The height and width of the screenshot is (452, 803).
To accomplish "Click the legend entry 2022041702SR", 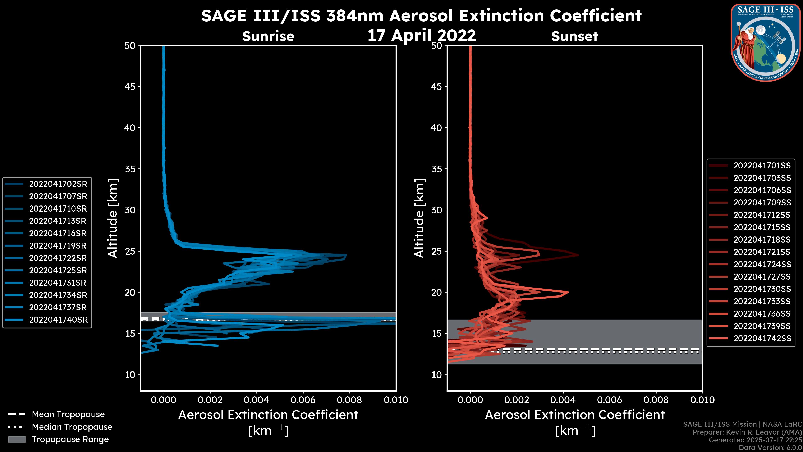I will [x=58, y=184].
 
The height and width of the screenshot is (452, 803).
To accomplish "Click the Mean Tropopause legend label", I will [x=68, y=415].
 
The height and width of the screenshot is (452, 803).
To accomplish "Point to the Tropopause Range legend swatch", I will [x=17, y=439].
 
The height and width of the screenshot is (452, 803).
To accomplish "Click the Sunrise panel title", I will [x=268, y=36].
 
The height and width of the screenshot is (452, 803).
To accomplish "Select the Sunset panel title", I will [x=574, y=36].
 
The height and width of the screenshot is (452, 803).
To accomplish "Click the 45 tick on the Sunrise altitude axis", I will [x=130, y=87].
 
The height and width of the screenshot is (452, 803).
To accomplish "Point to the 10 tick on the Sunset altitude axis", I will [x=436, y=375].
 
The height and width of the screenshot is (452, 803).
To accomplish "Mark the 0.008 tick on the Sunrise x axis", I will [x=349, y=400].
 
